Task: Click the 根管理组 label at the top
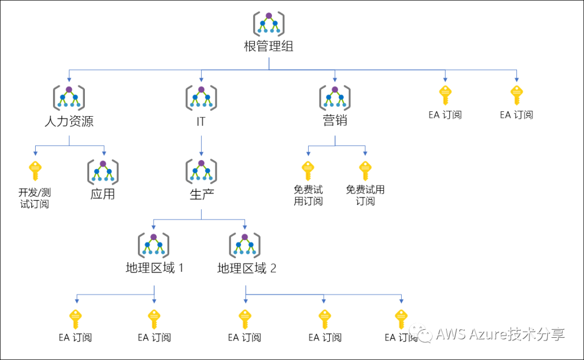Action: click(x=269, y=46)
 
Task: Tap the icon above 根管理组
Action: click(x=269, y=23)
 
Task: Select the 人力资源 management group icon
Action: click(x=69, y=97)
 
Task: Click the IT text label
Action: click(x=201, y=121)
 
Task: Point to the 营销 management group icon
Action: click(x=335, y=97)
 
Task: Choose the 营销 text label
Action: click(x=335, y=121)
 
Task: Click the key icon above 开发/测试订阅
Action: click(x=35, y=170)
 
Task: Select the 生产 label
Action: click(x=201, y=195)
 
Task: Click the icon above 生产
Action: click(x=201, y=170)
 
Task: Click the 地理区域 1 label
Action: click(x=154, y=268)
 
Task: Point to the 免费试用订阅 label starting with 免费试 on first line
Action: click(x=308, y=195)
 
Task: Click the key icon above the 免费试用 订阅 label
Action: click(x=366, y=170)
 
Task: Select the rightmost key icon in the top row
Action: click(x=516, y=95)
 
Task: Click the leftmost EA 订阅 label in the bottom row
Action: click(x=75, y=337)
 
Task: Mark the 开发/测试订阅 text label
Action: click(x=35, y=198)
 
